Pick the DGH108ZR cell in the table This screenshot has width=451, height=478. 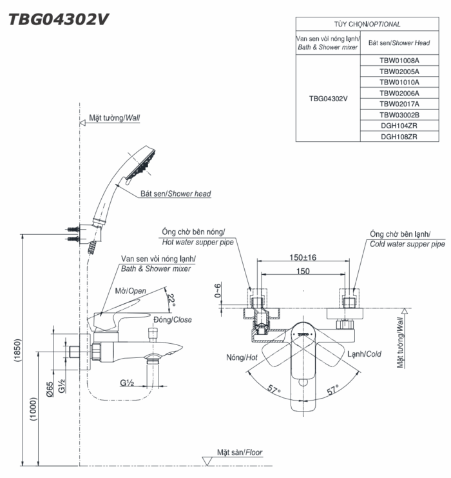point(399,136)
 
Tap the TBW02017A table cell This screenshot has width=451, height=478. point(399,104)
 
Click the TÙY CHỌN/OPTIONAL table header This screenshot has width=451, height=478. point(367,24)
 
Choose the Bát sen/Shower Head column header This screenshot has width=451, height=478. point(399,43)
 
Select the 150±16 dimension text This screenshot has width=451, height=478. point(302,257)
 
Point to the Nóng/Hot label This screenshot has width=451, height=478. point(242,357)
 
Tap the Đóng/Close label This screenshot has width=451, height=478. point(172,319)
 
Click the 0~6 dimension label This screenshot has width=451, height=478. point(217,292)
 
